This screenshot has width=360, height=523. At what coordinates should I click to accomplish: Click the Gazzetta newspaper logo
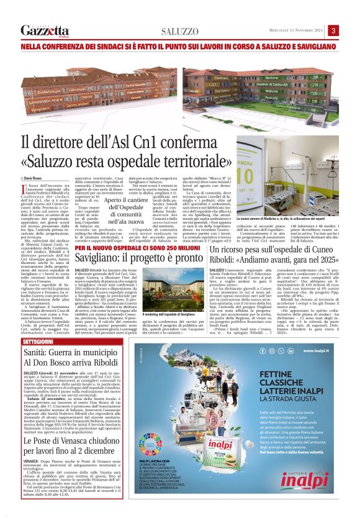45,30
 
